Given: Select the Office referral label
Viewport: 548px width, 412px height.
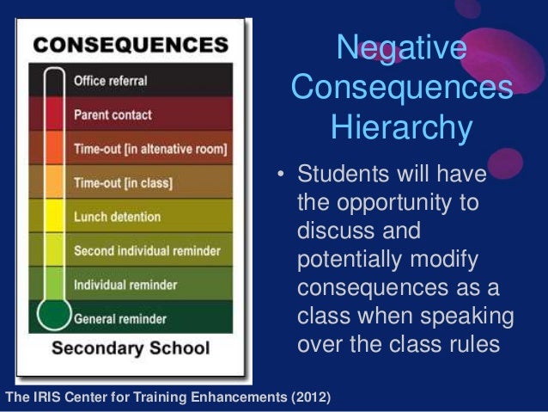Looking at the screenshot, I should click(x=110, y=82).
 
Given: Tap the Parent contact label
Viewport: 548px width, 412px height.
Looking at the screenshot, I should click(x=113, y=114).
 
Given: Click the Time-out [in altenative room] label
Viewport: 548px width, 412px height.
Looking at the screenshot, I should click(x=150, y=150).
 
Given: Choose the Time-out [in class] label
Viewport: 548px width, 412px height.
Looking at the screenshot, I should click(x=123, y=183).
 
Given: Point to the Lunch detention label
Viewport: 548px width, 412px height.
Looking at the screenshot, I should click(x=117, y=217).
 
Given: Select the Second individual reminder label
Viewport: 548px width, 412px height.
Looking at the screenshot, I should click(x=147, y=251).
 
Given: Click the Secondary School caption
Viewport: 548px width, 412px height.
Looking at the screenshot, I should click(x=131, y=348).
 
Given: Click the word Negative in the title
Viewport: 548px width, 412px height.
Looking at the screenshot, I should click(x=401, y=49).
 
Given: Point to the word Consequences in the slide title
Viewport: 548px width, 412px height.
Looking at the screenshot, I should click(x=402, y=88).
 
